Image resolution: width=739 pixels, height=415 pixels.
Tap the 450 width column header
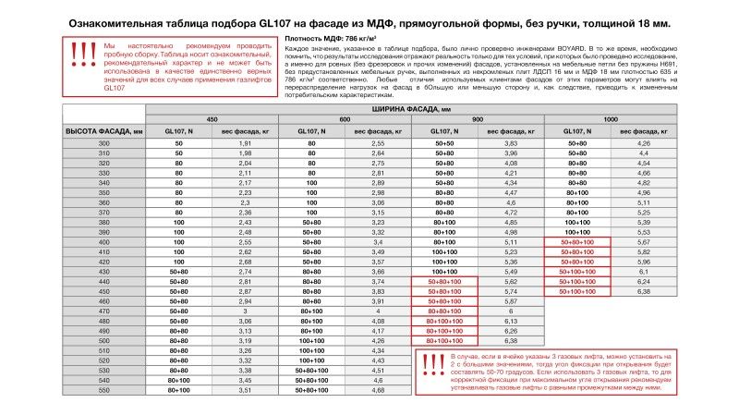(x=212, y=120)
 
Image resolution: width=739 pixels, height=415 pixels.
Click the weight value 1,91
(x=246, y=144)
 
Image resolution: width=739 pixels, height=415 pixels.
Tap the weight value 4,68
(x=378, y=390)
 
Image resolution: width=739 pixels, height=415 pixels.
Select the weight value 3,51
(x=246, y=390)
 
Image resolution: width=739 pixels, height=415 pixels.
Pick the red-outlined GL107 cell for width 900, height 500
(x=444, y=341)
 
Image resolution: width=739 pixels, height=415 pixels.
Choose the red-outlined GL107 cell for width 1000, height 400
(x=577, y=242)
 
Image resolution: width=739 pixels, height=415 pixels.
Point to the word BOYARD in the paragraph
(x=599, y=45)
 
